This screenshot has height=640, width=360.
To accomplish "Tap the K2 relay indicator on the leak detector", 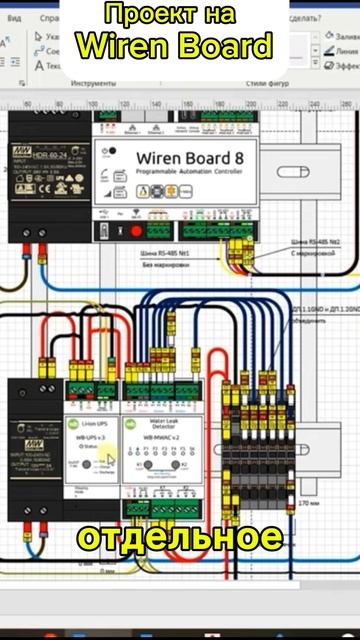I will click(187, 467).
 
